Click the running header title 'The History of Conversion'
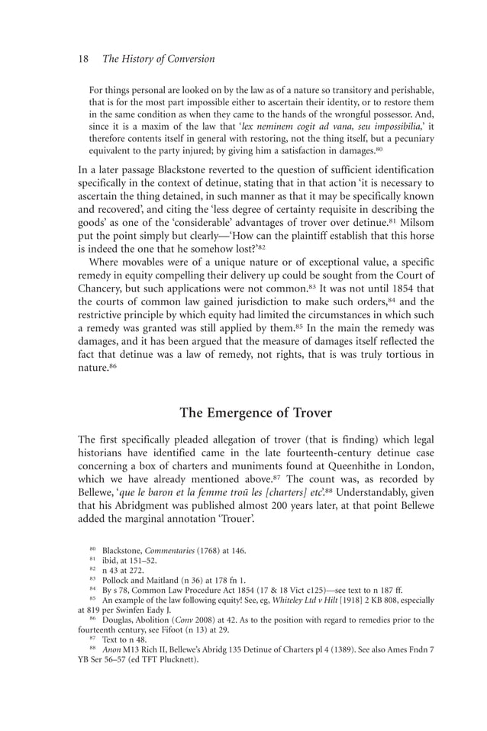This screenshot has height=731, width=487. [x=159, y=59]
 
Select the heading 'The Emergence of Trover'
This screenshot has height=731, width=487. [x=256, y=413]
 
